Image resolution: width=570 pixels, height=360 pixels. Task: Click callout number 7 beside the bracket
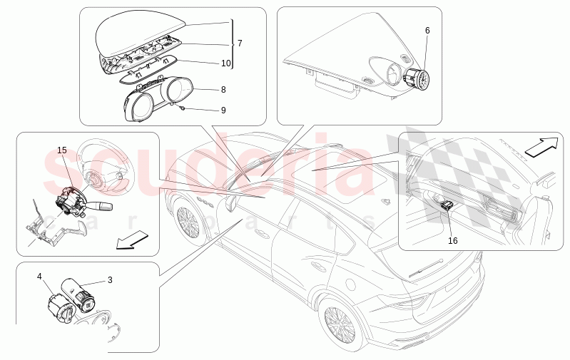click(240, 43)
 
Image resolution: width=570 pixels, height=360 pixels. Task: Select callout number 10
click(225, 63)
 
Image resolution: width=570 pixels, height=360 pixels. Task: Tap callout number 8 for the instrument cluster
click(223, 90)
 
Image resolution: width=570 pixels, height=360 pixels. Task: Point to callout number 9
click(223, 110)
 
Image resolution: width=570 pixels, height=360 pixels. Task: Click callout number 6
click(427, 31)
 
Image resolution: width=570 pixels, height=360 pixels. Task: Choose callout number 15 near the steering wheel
click(62, 150)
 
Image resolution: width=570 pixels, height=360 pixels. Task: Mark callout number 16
click(452, 240)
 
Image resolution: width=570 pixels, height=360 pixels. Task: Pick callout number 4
click(40, 276)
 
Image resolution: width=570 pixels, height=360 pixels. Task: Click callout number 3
click(110, 280)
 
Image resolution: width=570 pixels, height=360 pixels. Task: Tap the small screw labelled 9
click(183, 107)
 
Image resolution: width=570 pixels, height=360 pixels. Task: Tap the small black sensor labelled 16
click(448, 206)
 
